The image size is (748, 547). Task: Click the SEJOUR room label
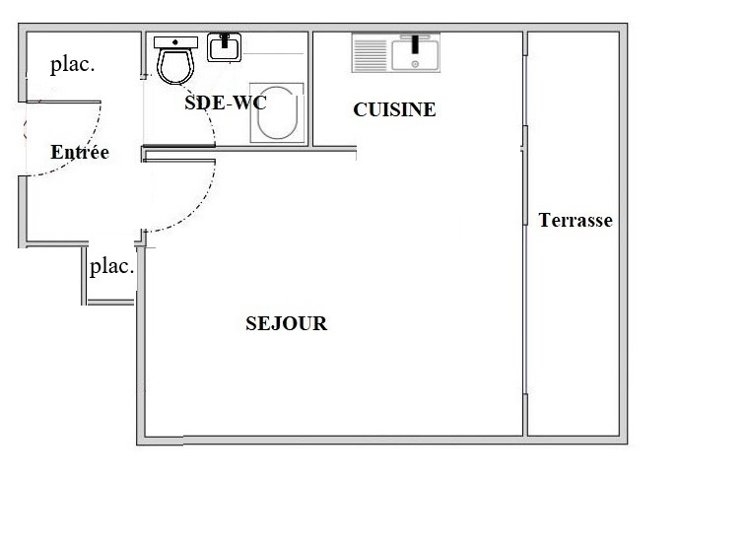tap(286, 323)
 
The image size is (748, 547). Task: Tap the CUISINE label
tap(394, 109)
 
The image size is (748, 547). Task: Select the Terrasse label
tap(576, 220)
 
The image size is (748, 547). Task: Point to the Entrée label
tap(80, 152)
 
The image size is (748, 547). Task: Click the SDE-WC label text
tap(225, 103)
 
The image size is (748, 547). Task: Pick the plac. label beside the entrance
tap(73, 64)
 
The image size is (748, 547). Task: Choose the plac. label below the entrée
tap(112, 266)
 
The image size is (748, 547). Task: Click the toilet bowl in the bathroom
tap(175, 66)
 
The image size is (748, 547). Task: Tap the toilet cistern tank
tap(175, 42)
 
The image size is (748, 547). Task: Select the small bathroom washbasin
tap(225, 47)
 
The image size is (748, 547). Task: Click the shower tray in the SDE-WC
tap(277, 112)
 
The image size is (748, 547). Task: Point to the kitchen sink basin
tap(415, 55)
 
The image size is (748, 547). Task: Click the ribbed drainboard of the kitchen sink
tap(371, 55)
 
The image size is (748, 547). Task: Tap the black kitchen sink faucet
tap(415, 43)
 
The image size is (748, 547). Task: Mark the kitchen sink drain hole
tap(415, 64)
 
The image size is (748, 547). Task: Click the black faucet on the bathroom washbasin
tap(225, 40)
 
